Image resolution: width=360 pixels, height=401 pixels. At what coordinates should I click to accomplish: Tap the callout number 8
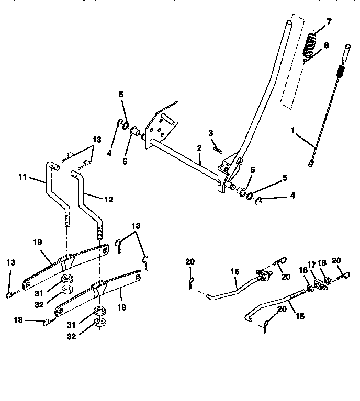coord(326,45)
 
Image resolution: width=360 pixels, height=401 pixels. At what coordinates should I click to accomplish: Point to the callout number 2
coord(199,148)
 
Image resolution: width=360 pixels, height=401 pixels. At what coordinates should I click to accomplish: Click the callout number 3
coord(210,133)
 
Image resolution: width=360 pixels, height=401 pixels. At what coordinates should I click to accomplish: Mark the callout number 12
coord(108,199)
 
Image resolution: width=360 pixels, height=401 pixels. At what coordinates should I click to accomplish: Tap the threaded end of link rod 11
coord(67,215)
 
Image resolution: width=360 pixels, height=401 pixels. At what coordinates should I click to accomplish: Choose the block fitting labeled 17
coord(319,283)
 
